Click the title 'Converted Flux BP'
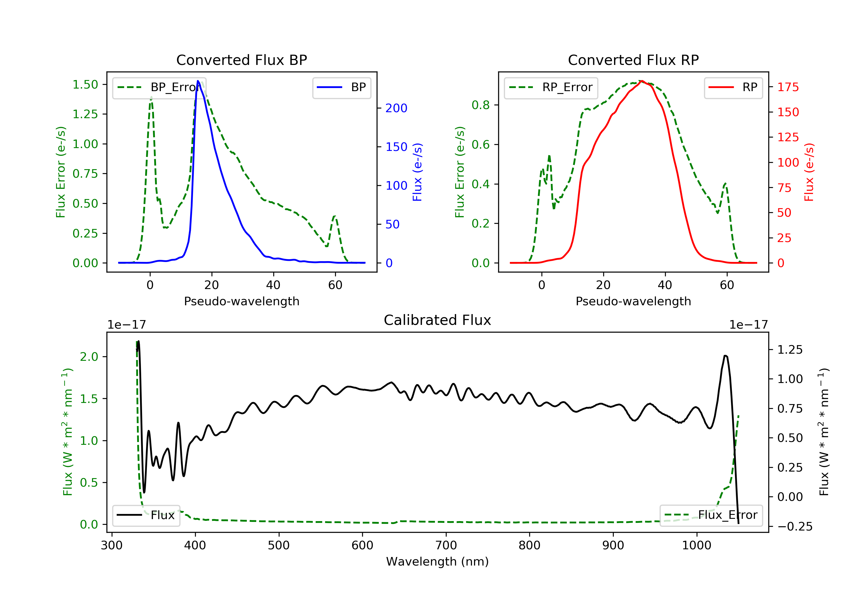click(242, 60)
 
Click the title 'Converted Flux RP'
click(633, 60)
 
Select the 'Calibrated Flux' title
click(438, 320)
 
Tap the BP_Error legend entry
click(159, 87)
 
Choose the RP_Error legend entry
click(551, 87)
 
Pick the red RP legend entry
click(733, 87)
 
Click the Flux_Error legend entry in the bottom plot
click(711, 515)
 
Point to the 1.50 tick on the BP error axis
click(85, 85)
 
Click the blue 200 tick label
click(396, 108)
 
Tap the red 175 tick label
click(788, 87)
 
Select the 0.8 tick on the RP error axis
click(481, 105)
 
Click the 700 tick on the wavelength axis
click(446, 546)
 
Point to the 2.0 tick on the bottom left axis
click(89, 357)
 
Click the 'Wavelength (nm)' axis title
click(438, 562)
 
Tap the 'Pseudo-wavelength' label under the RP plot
click(633, 301)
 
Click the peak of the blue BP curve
click(198, 81)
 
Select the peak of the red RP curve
click(642, 81)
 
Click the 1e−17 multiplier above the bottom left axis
click(127, 325)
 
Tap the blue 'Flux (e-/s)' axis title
click(417, 172)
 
